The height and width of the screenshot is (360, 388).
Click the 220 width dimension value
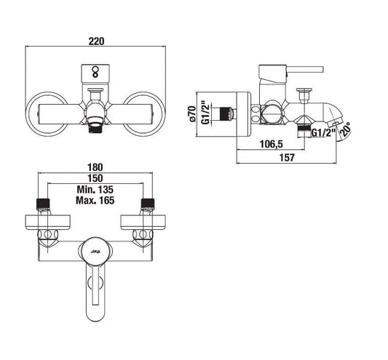97,41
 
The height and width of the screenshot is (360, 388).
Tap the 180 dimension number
95,167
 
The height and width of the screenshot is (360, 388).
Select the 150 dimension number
95,178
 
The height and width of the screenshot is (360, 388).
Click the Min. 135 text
95,190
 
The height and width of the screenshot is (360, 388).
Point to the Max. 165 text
95,200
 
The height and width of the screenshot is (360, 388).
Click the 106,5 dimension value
272,144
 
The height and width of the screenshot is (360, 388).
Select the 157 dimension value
287,158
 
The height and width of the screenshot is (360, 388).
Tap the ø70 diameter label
192,113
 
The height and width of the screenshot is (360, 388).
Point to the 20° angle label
346,129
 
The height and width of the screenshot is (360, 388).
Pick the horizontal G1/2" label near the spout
323,133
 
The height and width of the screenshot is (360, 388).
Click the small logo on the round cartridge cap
95,252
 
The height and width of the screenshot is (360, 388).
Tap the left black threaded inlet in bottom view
43,203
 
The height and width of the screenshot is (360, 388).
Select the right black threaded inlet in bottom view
148,203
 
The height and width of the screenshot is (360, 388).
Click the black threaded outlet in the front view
95,128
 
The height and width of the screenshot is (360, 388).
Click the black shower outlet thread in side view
304,131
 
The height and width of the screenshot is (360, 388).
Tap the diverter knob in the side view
304,95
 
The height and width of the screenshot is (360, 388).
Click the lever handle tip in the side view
322,70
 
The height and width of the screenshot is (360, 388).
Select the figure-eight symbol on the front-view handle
95,72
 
